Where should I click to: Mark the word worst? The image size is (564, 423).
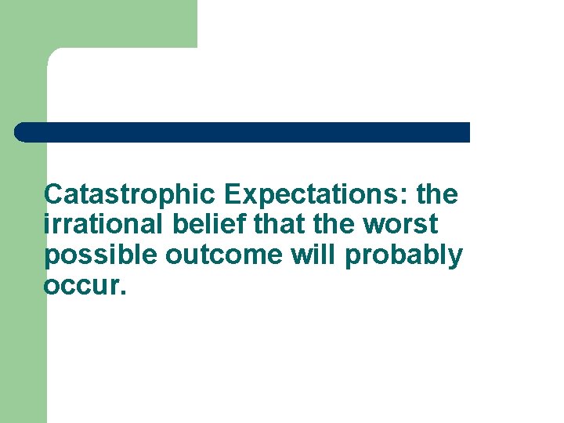coord(401,224)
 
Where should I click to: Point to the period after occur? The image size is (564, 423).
coord(121,294)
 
